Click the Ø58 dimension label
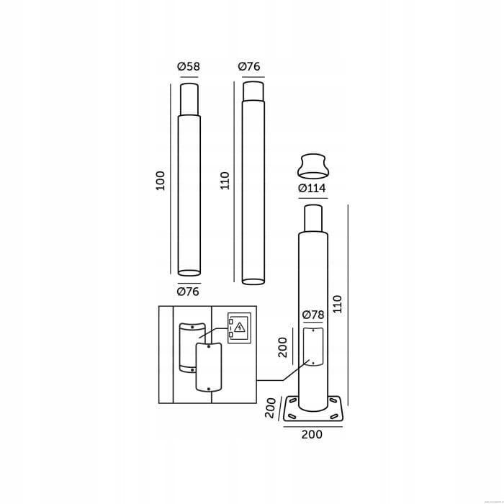tap(189, 66)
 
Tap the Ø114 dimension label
tap(312, 188)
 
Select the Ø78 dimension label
tap(313, 315)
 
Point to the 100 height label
tap(160, 181)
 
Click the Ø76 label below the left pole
tap(188, 292)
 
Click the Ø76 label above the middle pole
tap(249, 66)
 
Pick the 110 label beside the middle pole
tap(225, 181)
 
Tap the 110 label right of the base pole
tap(338, 304)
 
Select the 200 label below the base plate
tap(312, 435)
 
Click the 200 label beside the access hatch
tap(282, 348)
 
